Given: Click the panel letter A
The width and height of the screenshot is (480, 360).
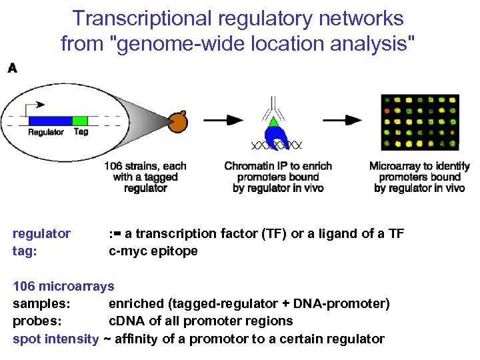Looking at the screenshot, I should click(11, 68).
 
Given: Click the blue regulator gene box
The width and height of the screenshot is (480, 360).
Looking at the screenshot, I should click(50, 120).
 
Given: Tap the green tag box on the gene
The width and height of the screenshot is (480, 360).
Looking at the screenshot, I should click(80, 120).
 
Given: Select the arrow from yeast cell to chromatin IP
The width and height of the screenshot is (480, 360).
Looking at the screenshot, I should click(223, 120).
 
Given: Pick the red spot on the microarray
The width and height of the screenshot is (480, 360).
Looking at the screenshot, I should click(385, 107).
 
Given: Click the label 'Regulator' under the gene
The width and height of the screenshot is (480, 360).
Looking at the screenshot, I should click(46, 132).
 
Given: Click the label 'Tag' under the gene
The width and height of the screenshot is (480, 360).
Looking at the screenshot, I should click(81, 132).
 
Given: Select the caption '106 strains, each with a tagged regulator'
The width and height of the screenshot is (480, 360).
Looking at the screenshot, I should click(145, 177).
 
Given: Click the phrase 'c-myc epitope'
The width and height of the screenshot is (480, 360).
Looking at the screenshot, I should click(153, 251).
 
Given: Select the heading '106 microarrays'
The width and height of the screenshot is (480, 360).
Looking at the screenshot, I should click(64, 287).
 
